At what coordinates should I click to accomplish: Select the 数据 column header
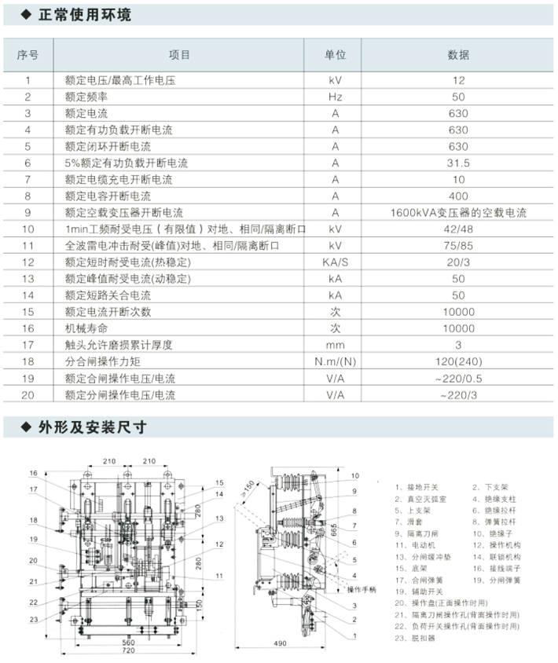tap(458, 55)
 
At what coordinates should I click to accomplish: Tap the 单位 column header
tap(336, 55)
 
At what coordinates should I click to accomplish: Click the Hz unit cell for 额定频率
tap(336, 97)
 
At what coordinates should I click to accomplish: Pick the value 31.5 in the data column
tap(458, 163)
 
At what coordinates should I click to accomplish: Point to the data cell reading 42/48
tap(458, 229)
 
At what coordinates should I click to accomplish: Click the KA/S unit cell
tap(336, 262)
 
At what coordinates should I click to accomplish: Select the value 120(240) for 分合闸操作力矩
tap(458, 361)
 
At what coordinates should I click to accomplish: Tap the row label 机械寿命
tap(83, 328)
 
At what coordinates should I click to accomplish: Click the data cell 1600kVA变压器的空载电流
tap(458, 213)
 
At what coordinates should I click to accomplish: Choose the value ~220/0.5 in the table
tap(458, 378)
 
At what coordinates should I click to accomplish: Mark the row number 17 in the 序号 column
tap(28, 345)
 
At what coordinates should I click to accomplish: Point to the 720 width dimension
tap(120, 650)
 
